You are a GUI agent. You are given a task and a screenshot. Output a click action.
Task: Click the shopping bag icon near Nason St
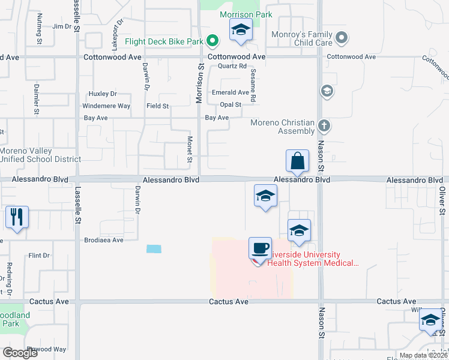click(297, 161)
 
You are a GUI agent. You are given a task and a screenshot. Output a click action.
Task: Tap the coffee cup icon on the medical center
click(260, 248)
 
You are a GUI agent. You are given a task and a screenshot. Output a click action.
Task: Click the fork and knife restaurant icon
click(16, 217)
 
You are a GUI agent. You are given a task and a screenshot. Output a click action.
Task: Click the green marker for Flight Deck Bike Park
click(212, 41)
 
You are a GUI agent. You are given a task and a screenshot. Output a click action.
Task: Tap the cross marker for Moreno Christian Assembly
click(324, 127)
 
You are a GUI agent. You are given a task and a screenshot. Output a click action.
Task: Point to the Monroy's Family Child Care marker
click(342, 38)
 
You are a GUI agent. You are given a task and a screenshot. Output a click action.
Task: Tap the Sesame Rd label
click(253, 85)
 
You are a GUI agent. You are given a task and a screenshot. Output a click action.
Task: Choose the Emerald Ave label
click(231, 92)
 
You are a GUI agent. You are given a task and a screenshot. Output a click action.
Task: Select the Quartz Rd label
click(232, 66)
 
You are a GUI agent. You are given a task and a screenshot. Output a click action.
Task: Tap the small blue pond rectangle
click(154, 248)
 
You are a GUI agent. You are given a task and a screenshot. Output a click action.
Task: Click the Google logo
click(20, 353)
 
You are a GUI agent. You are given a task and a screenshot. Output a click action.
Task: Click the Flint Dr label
click(39, 256)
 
